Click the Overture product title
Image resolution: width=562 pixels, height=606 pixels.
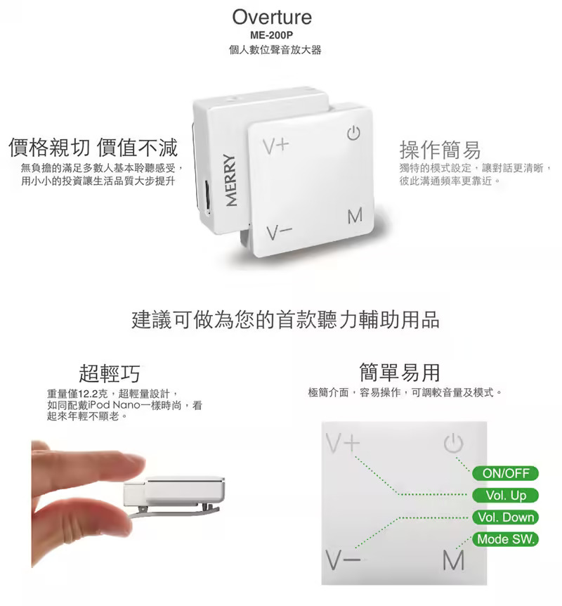click(x=272, y=18)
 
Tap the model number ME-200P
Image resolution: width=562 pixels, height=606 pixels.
click(x=272, y=35)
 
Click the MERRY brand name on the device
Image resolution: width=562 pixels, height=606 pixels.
click(x=230, y=180)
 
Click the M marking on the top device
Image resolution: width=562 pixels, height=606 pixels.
click(x=355, y=216)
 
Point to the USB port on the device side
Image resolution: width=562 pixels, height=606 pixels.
click(x=207, y=198)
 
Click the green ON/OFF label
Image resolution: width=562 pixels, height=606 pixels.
click(x=505, y=473)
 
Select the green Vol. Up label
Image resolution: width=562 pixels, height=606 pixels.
click(x=505, y=495)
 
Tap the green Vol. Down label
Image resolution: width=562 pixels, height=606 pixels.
click(x=505, y=517)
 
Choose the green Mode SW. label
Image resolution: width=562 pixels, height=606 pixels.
click(x=505, y=539)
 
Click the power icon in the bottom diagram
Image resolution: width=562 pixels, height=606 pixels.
click(x=453, y=444)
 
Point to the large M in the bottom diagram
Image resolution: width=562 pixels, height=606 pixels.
click(x=453, y=560)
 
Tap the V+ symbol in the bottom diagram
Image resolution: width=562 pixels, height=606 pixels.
click(x=343, y=443)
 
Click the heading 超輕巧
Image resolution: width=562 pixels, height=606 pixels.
click(x=110, y=373)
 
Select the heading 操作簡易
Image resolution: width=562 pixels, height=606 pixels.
click(x=440, y=150)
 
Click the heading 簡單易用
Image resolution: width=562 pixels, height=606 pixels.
click(x=400, y=372)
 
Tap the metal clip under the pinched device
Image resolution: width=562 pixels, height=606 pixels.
click(x=174, y=512)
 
